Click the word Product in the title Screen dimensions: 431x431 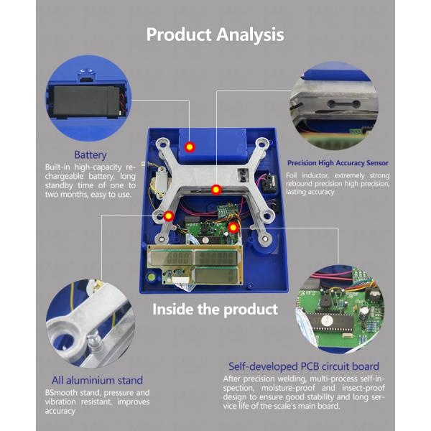(177, 34)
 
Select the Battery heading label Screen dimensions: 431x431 (91, 154)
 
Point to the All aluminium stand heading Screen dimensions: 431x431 (97, 380)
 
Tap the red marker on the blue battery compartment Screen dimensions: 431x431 (190, 147)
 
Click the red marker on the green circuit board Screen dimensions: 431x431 (233, 227)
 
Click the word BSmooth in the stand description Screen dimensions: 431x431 (68, 393)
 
